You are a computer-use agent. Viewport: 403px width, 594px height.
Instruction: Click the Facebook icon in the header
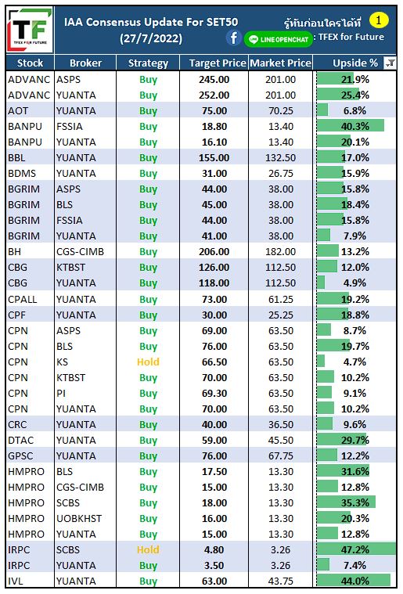click(234, 38)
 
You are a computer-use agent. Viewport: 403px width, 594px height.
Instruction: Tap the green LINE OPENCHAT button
click(279, 39)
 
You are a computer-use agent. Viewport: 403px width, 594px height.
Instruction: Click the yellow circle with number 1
click(379, 20)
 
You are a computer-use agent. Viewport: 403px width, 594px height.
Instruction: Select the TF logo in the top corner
click(30, 31)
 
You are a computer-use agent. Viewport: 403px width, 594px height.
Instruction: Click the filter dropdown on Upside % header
click(390, 63)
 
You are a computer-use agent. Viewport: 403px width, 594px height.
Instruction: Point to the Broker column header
click(85, 63)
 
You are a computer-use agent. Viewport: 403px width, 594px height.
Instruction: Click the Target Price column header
click(218, 63)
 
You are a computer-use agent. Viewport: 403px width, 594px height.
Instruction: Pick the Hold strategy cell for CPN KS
click(148, 362)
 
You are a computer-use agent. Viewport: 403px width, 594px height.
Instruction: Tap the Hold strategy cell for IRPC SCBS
click(148, 549)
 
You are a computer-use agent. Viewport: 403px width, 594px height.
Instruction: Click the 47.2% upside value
click(355, 549)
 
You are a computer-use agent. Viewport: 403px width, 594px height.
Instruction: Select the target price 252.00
click(214, 95)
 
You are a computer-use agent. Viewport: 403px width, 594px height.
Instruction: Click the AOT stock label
click(18, 111)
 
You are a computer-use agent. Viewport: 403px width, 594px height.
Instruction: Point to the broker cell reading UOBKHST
click(79, 518)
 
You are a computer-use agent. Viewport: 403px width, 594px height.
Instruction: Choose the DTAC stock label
click(21, 440)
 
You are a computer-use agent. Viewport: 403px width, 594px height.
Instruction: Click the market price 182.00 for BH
click(281, 251)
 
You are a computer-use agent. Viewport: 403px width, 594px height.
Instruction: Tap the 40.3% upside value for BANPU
click(355, 126)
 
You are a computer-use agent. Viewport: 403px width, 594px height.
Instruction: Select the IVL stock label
click(16, 581)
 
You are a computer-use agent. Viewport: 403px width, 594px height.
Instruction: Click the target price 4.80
click(214, 549)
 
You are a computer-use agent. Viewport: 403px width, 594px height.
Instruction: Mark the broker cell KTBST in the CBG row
click(71, 267)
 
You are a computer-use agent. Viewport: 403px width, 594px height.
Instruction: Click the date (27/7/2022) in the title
click(151, 38)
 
